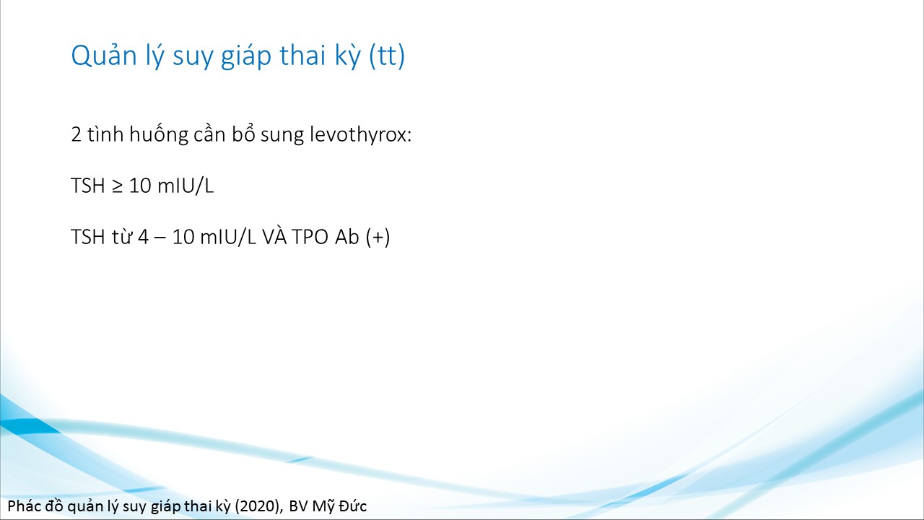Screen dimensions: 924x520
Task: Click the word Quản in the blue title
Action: pyautogui.click(x=104, y=55)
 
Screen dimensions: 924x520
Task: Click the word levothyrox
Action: pyautogui.click(x=360, y=135)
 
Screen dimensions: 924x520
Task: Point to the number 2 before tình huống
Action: pyautogui.click(x=77, y=135)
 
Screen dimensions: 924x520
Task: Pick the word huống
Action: pyautogui.click(x=158, y=135)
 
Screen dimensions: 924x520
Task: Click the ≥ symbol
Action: pyautogui.click(x=117, y=186)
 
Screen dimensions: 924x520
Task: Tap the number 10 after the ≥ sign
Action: pyautogui.click(x=140, y=186)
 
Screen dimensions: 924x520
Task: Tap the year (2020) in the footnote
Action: pyautogui.click(x=259, y=506)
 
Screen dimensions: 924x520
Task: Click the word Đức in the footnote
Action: pyautogui.click(x=352, y=506)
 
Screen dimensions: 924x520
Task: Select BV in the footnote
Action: pyautogui.click(x=298, y=506)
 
